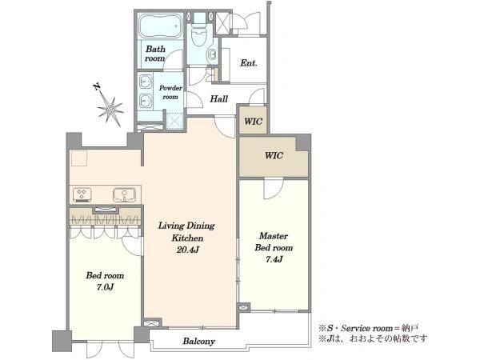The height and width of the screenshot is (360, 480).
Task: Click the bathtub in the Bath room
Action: pos(160,26)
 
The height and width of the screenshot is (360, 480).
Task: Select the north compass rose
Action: pos(110,107)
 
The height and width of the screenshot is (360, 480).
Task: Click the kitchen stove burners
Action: pos(82,194)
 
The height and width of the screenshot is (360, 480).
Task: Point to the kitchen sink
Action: pos(124,195)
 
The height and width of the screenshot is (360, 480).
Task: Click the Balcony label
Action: pos(198,342)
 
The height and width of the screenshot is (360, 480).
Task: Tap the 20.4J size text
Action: pos(188,250)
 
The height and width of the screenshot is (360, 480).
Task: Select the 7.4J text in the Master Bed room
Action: pos(274,259)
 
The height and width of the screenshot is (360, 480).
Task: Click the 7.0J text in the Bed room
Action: pos(105,287)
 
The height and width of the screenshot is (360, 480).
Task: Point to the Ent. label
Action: pos(248,63)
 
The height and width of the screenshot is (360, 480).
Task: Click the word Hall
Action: pos(219,99)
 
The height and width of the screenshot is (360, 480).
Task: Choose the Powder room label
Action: pos(170,92)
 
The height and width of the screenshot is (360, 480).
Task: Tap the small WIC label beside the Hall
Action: pos(253,122)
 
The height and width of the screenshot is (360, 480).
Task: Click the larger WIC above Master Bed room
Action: pos(274,155)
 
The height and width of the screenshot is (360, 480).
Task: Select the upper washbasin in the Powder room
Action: pos(146,82)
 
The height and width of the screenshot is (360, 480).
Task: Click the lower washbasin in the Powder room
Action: pos(146,101)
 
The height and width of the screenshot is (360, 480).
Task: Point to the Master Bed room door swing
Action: pos(274,188)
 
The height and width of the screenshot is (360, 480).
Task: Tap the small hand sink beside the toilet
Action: pos(211,54)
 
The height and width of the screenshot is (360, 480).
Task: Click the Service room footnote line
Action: pos(368,329)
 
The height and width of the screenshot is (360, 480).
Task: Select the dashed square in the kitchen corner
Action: pos(79,158)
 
